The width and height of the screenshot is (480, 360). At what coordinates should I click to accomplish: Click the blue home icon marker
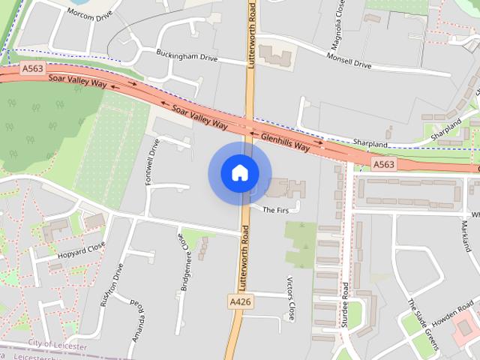[239, 173]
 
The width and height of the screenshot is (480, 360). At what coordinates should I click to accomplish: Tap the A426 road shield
[239, 301]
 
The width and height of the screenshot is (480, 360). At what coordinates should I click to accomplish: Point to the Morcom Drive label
[89, 13]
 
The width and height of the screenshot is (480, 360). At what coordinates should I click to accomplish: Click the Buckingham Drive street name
[187, 55]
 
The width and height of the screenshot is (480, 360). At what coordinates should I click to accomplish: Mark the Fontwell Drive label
[154, 158]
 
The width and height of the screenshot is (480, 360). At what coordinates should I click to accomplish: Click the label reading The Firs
[275, 210]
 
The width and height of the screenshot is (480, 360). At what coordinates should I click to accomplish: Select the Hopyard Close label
[81, 249]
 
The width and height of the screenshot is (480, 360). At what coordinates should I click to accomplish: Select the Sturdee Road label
[346, 304]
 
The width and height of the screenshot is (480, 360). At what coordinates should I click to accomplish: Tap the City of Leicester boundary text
[57, 344]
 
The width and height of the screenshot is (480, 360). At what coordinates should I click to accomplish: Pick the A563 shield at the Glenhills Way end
[383, 163]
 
